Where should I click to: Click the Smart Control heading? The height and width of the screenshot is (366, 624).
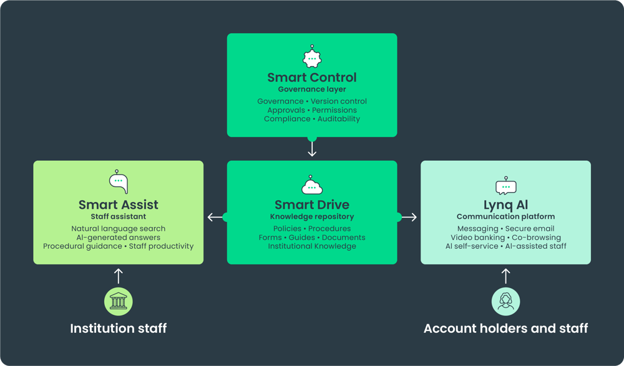tap(312, 77)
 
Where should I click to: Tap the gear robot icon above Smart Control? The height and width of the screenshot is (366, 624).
tap(312, 57)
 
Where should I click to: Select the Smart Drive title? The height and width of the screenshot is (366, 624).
tap(312, 205)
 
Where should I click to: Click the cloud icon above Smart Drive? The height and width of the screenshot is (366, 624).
tap(312, 185)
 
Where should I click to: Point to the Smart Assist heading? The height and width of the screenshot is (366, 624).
tap(118, 205)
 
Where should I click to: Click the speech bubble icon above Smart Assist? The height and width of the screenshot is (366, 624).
tap(118, 182)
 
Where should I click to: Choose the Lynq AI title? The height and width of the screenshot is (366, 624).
tap(506, 205)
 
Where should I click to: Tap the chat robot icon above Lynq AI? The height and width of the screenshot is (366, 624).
tap(506, 186)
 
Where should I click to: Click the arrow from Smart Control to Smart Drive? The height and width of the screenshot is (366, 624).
tap(312, 148)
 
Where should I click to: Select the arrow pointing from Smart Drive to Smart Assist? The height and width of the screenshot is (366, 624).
tap(215, 217)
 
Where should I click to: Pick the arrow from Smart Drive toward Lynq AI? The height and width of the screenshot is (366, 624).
tap(409, 217)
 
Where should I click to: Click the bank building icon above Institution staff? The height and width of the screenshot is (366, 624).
tap(118, 301)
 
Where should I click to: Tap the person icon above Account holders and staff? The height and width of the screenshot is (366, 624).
tap(506, 301)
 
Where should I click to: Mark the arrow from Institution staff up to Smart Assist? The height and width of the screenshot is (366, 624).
tap(118, 276)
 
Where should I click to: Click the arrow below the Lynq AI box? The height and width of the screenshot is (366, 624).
tap(506, 276)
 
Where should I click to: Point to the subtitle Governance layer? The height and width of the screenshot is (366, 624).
tap(312, 90)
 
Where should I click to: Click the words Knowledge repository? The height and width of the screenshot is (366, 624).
tap(312, 217)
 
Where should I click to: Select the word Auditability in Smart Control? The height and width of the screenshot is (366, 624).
tap(339, 119)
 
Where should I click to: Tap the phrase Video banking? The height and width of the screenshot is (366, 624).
tap(477, 238)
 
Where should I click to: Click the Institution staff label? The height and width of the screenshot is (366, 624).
tap(118, 328)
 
